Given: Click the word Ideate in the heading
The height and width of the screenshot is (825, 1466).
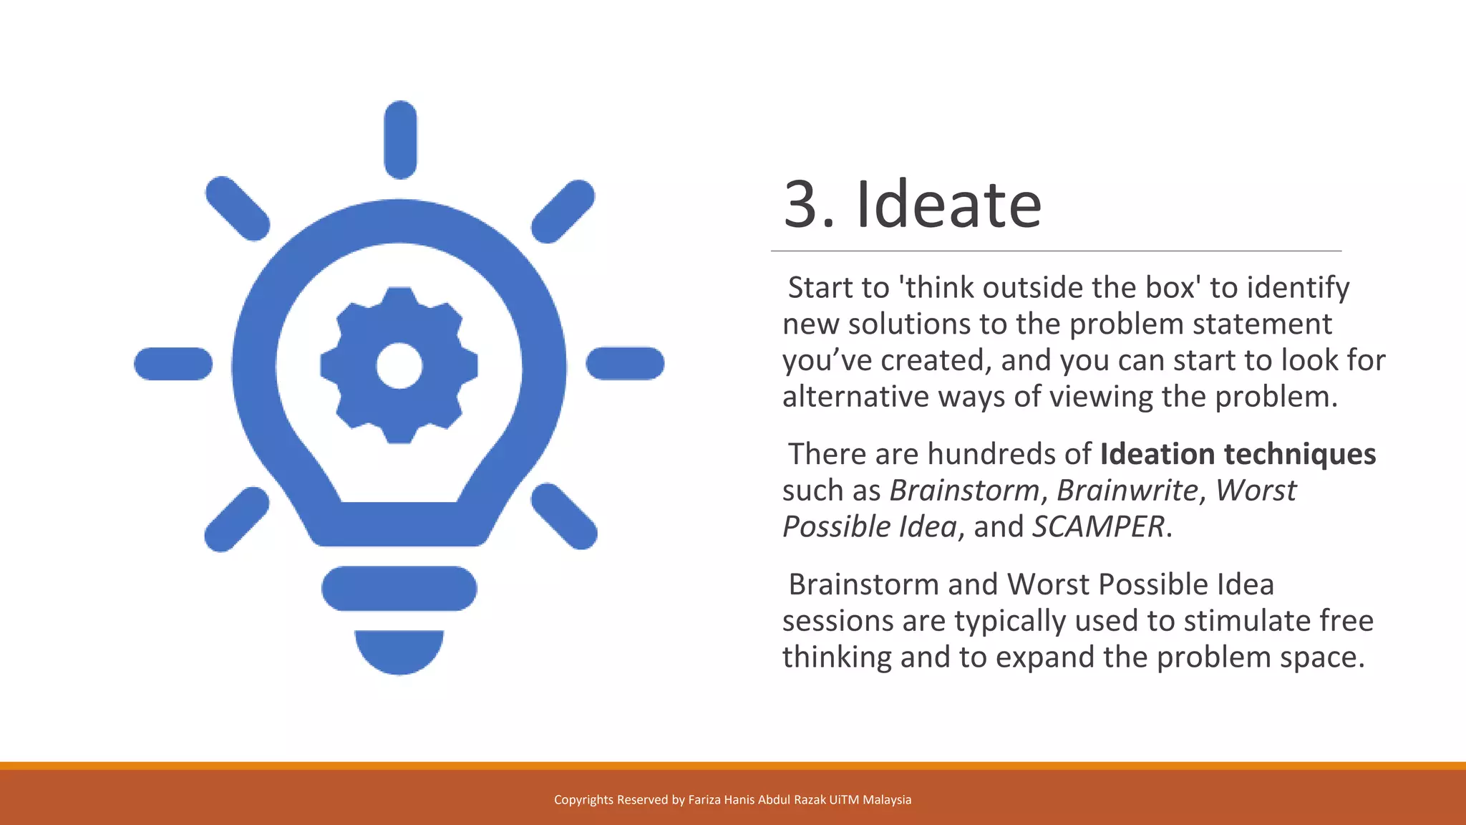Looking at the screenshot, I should [948, 205].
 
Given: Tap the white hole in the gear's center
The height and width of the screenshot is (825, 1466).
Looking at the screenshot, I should [399, 366].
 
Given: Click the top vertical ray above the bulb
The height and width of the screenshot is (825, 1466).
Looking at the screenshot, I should [400, 140].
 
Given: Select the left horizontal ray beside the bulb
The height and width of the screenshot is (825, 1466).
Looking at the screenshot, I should [173, 364].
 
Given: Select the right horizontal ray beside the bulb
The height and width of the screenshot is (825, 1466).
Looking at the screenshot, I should [625, 363].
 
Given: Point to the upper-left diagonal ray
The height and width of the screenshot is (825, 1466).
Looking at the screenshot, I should [237, 208].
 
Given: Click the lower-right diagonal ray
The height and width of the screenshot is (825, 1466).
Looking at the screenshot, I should [564, 516].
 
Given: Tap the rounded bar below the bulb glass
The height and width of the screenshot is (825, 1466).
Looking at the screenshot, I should [399, 589].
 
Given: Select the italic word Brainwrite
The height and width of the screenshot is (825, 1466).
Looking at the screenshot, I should [1127, 491].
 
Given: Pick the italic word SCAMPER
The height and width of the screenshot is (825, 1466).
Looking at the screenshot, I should [1098, 527].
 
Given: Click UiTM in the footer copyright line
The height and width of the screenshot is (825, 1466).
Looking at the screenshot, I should [844, 800].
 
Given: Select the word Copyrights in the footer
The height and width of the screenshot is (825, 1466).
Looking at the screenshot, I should [583, 800].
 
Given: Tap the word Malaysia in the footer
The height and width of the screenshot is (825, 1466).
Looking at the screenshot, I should [887, 800].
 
